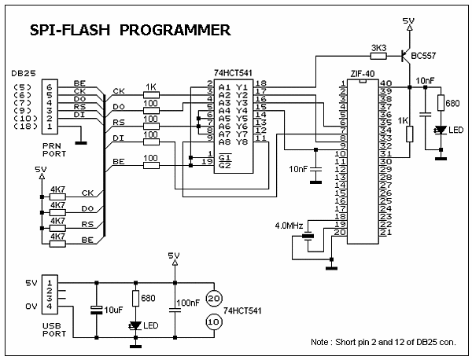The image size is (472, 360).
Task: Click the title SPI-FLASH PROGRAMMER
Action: coord(130,31)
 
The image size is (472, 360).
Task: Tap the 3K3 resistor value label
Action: coord(378,47)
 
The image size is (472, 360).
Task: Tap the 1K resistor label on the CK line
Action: coord(152,86)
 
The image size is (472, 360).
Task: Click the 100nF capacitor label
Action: coord(189,302)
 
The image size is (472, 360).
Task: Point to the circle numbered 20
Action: coord(212,296)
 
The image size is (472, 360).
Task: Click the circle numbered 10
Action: coord(212,322)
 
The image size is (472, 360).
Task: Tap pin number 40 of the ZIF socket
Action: coord(385,83)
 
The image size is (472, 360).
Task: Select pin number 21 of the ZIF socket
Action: coord(385,233)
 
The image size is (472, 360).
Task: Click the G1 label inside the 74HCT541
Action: coord(225,153)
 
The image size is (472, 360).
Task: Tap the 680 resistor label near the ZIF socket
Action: coord(452,102)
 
